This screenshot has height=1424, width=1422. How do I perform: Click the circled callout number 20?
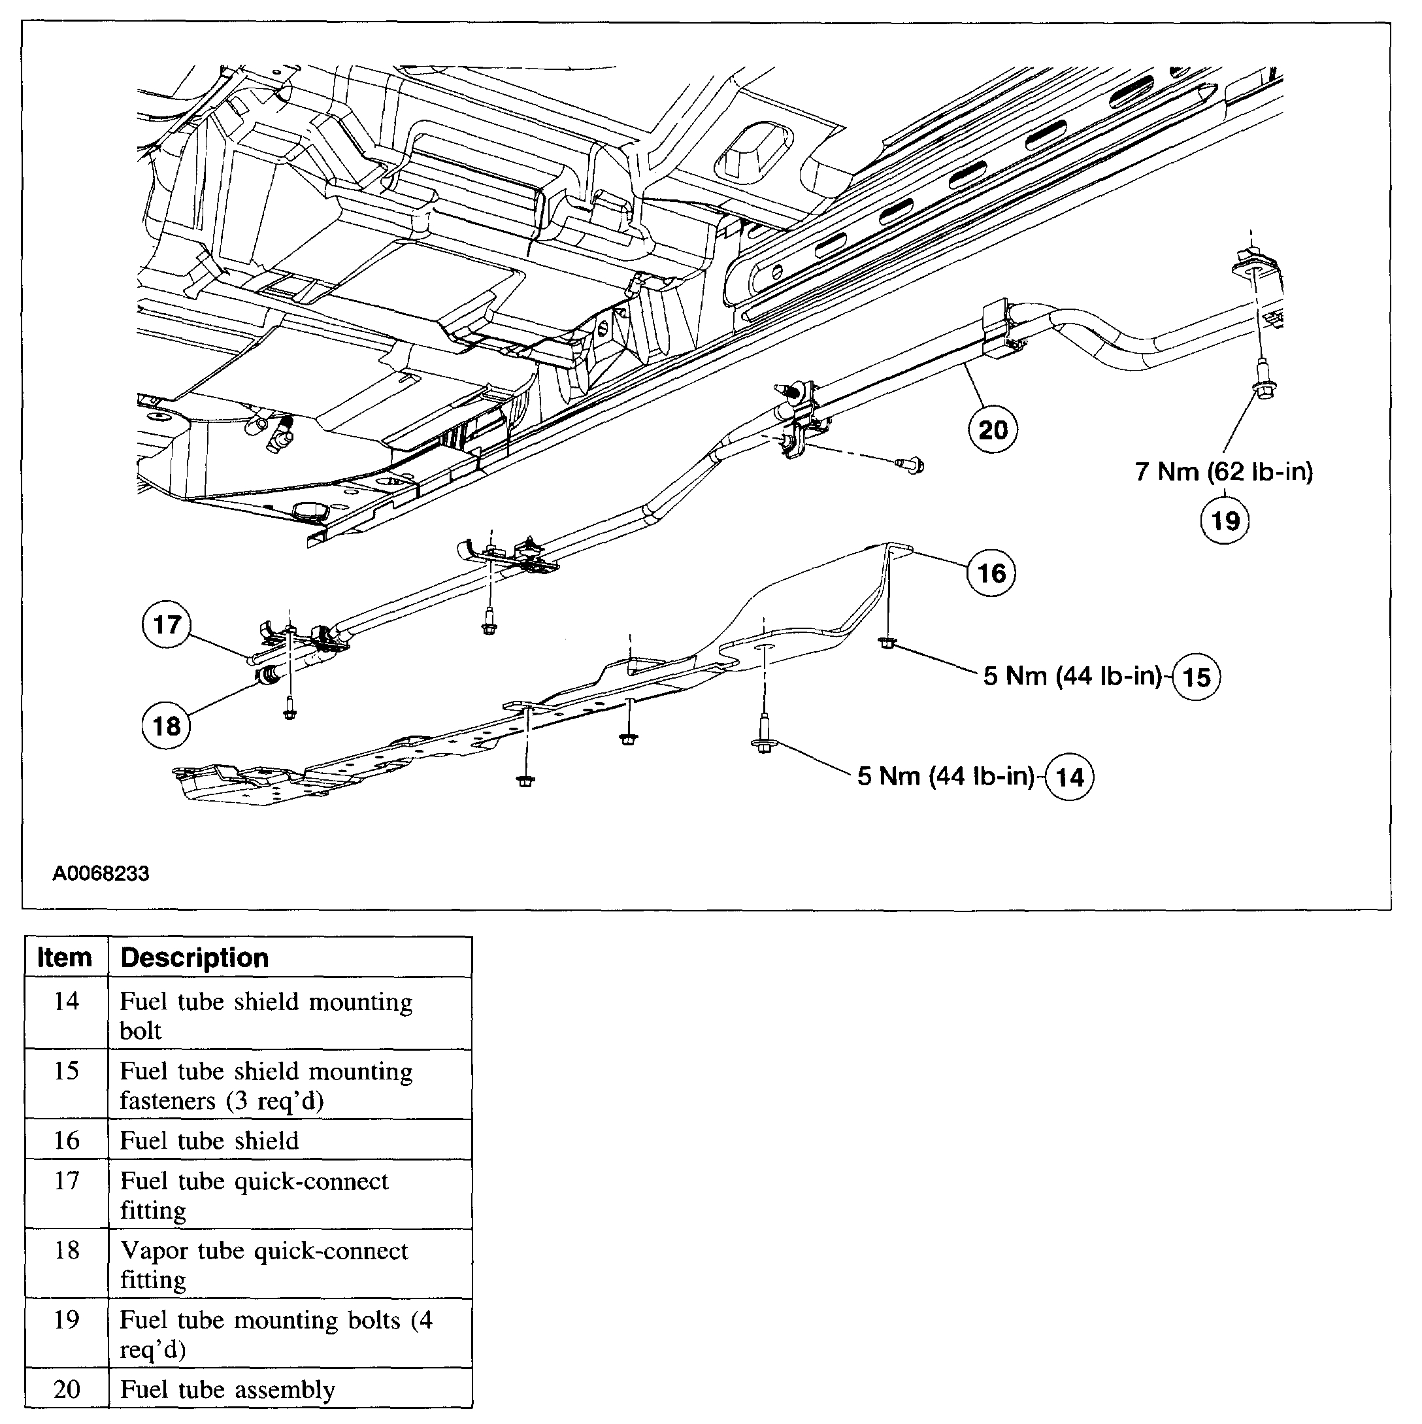point(993,430)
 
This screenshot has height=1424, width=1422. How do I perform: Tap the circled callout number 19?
point(1225,521)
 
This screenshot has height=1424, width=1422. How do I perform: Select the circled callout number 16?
point(991,573)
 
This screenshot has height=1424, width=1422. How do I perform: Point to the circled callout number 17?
point(167,624)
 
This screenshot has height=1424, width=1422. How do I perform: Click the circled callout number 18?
point(166,726)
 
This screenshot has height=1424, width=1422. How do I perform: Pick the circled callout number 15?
point(1196,677)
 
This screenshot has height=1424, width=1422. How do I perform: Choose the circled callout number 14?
point(1070,777)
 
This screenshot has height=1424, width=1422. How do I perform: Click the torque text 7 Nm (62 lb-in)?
point(1224,471)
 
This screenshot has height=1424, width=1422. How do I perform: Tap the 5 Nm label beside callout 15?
point(1072,676)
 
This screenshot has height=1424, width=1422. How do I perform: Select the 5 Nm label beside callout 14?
point(946,776)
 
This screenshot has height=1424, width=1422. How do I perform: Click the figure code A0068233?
point(101,873)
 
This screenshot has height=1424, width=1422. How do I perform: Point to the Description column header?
point(195,957)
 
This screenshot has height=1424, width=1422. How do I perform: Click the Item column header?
point(65,957)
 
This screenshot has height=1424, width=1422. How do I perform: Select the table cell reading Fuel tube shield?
point(209,1141)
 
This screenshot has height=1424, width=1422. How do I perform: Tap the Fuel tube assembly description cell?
point(227,1389)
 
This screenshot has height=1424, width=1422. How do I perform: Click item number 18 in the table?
point(66,1250)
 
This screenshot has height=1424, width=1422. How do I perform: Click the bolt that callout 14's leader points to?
point(763,745)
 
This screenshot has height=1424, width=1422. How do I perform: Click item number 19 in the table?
point(66,1319)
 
